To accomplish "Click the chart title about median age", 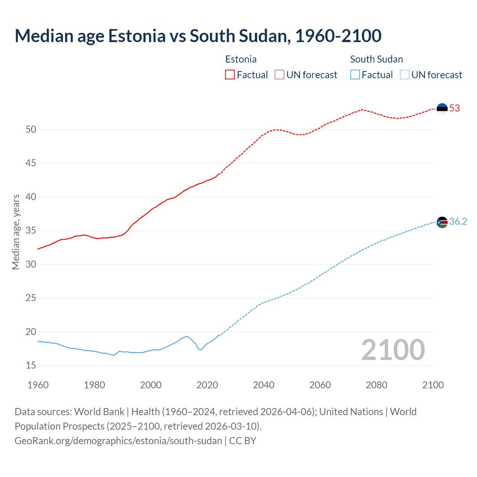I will [198, 36].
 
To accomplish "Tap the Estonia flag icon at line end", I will [442, 108].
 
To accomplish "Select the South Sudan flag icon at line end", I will [442, 222].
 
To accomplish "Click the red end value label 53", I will [455, 108].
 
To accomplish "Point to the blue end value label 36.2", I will [458, 222].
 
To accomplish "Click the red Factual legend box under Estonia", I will [230, 75].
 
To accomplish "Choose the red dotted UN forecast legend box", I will [279, 75].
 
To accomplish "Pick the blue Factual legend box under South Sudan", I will [355, 75].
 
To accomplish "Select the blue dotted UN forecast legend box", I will [405, 75].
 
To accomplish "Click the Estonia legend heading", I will [241, 59].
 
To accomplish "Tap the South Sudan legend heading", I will [376, 59].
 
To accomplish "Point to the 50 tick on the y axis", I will [31, 130].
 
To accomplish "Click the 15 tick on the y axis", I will [31, 366].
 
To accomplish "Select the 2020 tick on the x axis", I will [207, 385].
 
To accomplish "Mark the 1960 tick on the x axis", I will [38, 385].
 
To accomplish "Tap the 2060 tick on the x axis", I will [320, 385].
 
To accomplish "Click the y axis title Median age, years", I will [16, 232].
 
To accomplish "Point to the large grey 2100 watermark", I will [393, 350].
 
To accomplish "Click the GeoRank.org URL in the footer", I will [118, 441].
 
